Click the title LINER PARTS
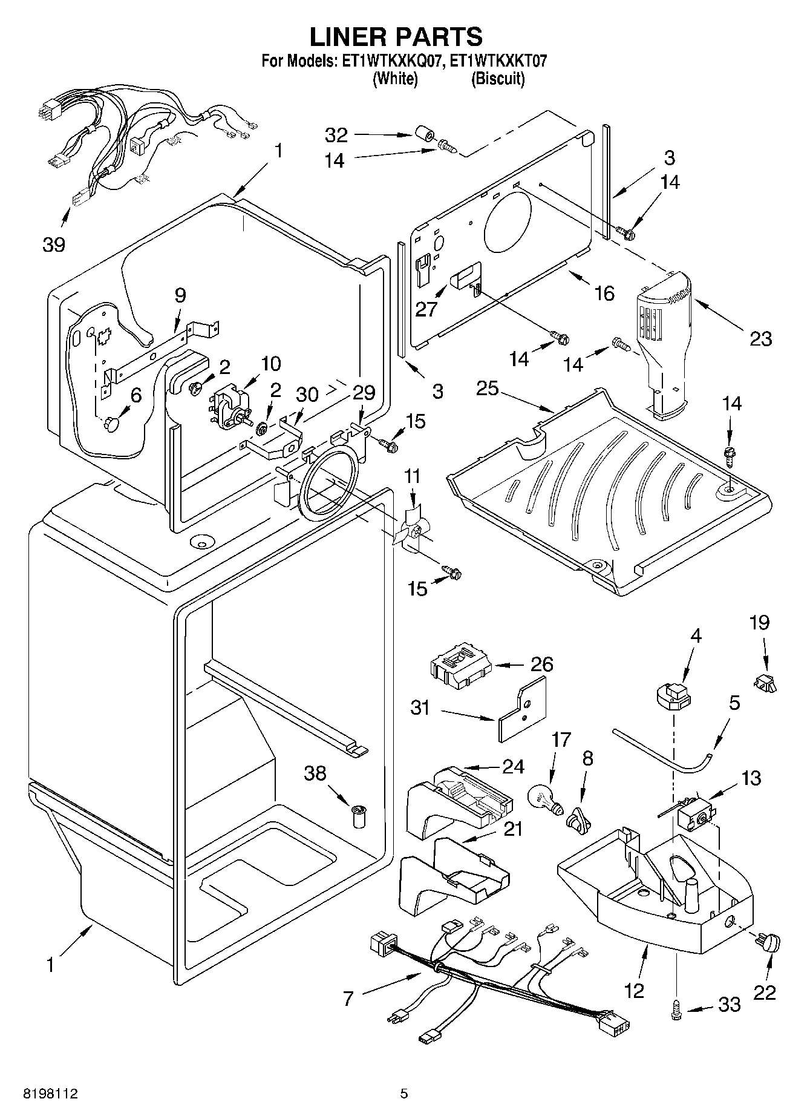396,36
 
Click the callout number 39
54,244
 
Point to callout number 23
761,338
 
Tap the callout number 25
488,388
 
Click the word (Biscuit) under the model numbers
498,79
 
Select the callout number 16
604,294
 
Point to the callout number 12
635,990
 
